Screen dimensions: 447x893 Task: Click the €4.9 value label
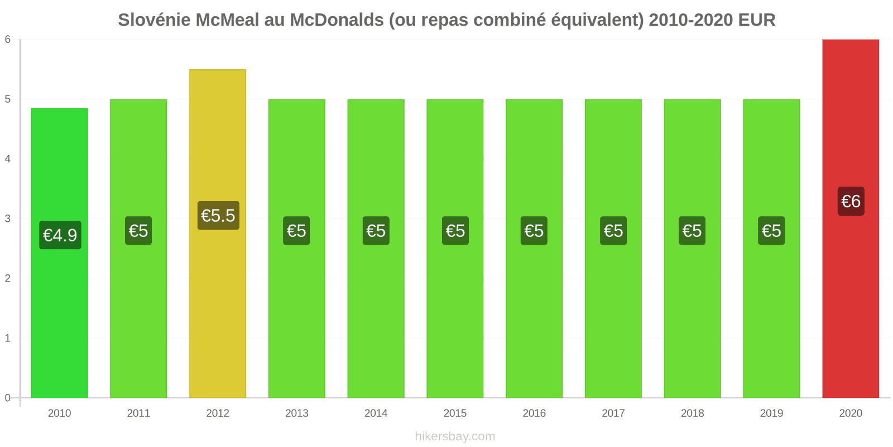(x=60, y=235)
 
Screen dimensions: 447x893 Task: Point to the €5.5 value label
(x=218, y=216)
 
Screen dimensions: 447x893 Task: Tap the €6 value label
(x=851, y=201)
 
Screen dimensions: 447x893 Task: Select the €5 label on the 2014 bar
(x=376, y=231)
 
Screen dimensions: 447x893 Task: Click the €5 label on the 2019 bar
(x=771, y=231)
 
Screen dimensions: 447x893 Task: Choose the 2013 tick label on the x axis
(x=296, y=413)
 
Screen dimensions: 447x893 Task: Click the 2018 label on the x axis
(x=692, y=413)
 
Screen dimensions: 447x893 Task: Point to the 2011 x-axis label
(x=138, y=413)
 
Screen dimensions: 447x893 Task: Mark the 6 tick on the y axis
(x=8, y=39)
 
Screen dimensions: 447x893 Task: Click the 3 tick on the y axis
(x=8, y=218)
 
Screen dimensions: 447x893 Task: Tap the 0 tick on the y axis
(x=8, y=398)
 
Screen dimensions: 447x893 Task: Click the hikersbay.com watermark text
(x=455, y=436)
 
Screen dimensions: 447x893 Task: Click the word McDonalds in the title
(x=337, y=20)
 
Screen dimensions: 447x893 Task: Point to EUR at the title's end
(x=757, y=20)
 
